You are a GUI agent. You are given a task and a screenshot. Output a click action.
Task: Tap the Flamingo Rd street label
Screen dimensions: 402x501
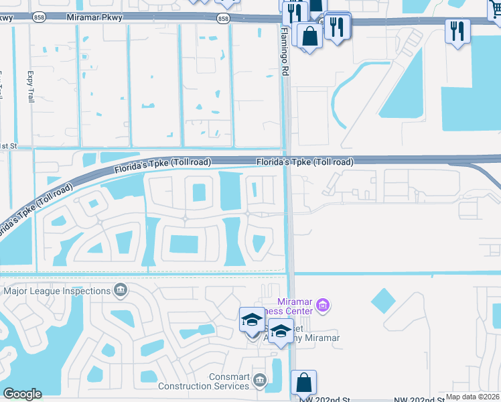click(x=284, y=51)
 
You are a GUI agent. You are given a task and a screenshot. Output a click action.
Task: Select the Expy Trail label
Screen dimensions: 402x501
click(x=30, y=87)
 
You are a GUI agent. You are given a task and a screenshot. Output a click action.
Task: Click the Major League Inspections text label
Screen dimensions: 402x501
click(x=57, y=291)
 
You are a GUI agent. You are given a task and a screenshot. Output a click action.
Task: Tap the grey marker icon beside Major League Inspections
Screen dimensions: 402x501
click(x=121, y=290)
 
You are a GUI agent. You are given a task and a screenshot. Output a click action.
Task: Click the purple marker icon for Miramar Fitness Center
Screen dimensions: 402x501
click(x=323, y=306)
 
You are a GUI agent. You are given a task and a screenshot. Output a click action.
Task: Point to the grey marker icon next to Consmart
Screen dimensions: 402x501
click(x=259, y=381)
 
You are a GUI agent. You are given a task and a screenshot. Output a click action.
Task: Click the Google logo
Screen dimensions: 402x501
click(x=22, y=394)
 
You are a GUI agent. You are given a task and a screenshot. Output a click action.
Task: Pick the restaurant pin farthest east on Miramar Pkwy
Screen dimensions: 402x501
click(x=457, y=31)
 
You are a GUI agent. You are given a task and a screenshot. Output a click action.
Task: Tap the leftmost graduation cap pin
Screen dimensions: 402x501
click(x=252, y=320)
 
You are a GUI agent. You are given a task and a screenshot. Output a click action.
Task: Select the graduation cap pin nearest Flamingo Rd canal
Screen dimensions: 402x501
click(x=281, y=331)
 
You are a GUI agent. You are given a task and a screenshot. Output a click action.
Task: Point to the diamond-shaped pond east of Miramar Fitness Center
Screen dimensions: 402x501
click(x=382, y=301)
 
